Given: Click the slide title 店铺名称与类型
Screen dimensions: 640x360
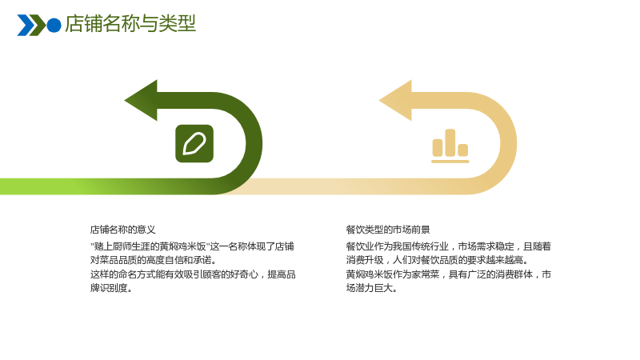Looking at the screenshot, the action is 130,23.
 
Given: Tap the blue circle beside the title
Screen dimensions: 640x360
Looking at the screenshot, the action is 54,25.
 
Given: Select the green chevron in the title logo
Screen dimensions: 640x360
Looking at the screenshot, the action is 38,26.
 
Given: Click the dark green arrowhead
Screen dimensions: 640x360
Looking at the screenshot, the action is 141,101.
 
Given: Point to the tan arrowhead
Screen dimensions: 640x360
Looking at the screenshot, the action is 395,101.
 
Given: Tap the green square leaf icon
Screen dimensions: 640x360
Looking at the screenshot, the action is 194,144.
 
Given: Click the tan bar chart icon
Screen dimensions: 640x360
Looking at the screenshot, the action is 450,146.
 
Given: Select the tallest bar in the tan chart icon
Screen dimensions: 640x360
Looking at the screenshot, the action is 450,142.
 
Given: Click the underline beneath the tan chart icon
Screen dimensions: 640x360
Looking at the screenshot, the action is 450,162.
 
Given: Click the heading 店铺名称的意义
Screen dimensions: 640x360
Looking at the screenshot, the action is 123,230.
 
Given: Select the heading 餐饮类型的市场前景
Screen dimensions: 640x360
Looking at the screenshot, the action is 388,230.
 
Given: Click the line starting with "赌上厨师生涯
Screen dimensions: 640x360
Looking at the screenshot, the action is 192,246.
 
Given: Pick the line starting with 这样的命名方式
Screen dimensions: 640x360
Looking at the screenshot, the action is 193,274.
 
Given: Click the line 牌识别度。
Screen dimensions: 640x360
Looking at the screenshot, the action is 111,288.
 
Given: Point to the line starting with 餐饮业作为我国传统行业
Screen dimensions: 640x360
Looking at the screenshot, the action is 448,246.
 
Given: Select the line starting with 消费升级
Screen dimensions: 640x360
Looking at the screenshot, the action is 437,260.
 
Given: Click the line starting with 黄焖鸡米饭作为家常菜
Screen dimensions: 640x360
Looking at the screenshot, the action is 448,274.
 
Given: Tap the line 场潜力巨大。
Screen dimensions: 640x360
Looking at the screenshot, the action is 371,288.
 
